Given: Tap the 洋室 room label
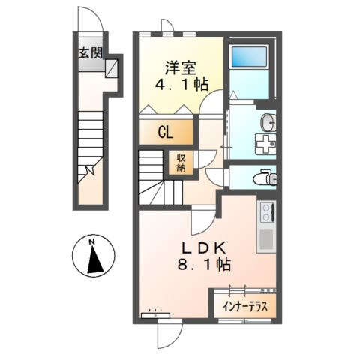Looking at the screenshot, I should point(181,65).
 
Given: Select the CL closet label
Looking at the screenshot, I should point(165,132).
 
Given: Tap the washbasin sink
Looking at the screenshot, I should point(268,121).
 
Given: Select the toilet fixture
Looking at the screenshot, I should point(264,178).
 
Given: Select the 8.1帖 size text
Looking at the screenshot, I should point(203,265).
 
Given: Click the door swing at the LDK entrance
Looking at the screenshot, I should point(199,220).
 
